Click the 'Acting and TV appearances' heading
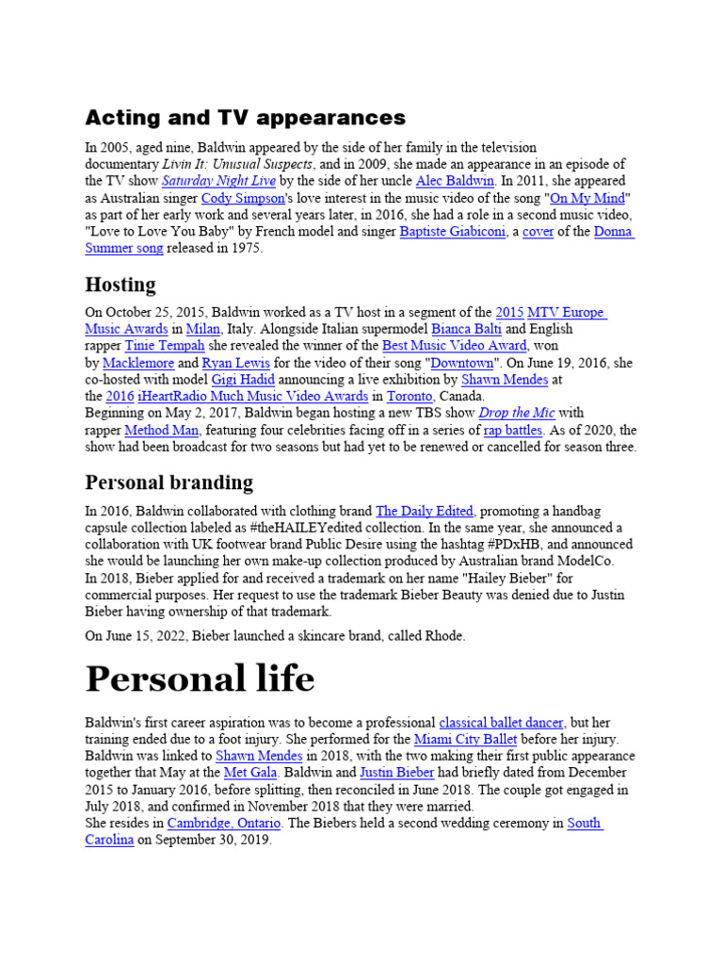(x=246, y=118)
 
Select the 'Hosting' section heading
(x=120, y=285)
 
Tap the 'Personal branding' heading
(x=169, y=482)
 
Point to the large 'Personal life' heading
(x=201, y=679)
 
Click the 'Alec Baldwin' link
(x=458, y=180)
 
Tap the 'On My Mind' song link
(x=588, y=198)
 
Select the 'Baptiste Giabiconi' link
(x=454, y=232)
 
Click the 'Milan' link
(x=202, y=329)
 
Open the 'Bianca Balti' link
(x=466, y=329)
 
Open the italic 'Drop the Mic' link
(x=517, y=413)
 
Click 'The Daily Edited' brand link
(x=425, y=511)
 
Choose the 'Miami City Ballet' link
(x=465, y=740)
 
